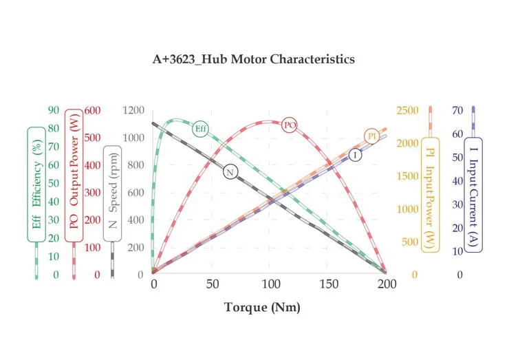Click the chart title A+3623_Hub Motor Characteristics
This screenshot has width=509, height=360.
(x=253, y=59)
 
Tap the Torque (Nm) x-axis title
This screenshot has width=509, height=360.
(x=262, y=307)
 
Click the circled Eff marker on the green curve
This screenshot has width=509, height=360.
(x=201, y=128)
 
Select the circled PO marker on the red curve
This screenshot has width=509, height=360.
(x=290, y=125)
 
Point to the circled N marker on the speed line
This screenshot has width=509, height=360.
(x=230, y=171)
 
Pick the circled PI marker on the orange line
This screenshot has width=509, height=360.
(x=372, y=136)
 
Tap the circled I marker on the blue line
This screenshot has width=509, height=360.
(x=355, y=154)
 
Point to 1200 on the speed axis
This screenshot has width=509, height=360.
(x=133, y=111)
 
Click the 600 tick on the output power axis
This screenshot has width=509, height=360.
(x=92, y=111)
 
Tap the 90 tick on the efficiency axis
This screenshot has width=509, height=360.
(x=53, y=111)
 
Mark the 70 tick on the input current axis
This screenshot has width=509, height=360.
(x=457, y=111)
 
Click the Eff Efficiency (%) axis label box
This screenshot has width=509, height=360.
(x=37, y=184)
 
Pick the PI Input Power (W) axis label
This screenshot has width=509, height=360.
(x=431, y=195)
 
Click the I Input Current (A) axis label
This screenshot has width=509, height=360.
(x=473, y=195)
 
